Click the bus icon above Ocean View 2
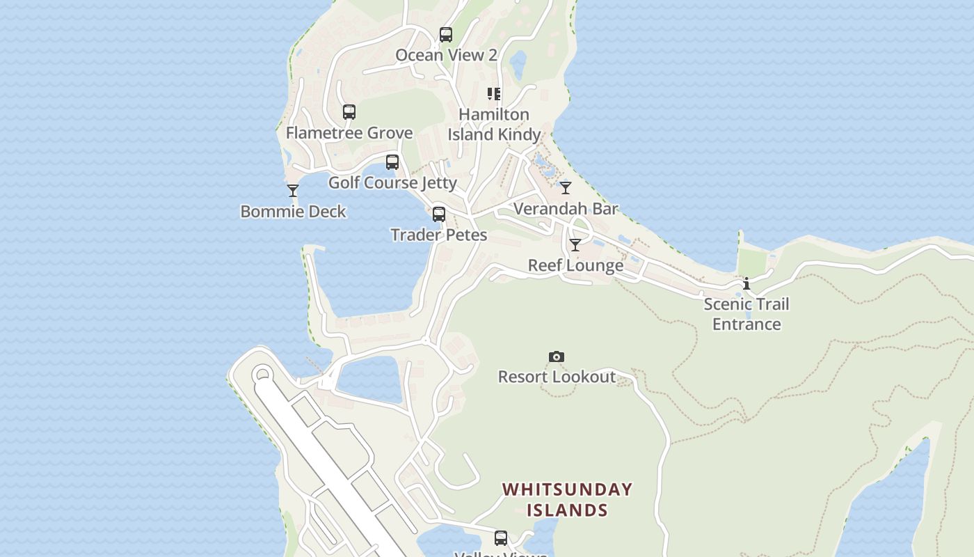tap(446, 34)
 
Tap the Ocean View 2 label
tap(446, 55)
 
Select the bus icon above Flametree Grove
tap(349, 112)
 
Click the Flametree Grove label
tap(349, 133)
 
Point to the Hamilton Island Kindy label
tap(494, 125)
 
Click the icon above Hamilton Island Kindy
tap(494, 94)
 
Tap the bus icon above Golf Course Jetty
tap(392, 162)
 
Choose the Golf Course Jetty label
tap(392, 183)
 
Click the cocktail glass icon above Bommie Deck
tap(293, 190)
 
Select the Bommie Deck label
tap(293, 212)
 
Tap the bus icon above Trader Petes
tap(439, 214)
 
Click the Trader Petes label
tap(439, 235)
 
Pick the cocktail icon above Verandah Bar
tap(566, 188)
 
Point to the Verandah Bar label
tap(566, 209)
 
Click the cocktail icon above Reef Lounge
tap(575, 245)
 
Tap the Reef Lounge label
tap(575, 266)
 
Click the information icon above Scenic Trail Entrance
tap(747, 284)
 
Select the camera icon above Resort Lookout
tap(556, 357)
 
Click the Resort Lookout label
tap(557, 377)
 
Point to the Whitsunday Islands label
tap(567, 499)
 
